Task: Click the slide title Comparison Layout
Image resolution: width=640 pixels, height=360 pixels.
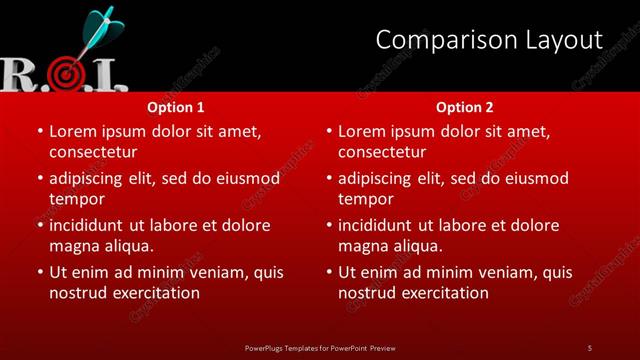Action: (x=489, y=40)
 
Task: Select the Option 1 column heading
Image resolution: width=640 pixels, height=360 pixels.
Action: (x=176, y=107)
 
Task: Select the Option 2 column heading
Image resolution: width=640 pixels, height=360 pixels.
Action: (x=465, y=107)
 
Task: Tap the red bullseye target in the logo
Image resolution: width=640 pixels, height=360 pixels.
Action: (x=66, y=73)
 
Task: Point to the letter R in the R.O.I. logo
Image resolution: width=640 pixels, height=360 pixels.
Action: (x=19, y=75)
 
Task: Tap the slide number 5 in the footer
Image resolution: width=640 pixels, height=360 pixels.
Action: (x=589, y=347)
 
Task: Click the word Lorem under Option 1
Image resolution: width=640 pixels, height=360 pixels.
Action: (x=74, y=131)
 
